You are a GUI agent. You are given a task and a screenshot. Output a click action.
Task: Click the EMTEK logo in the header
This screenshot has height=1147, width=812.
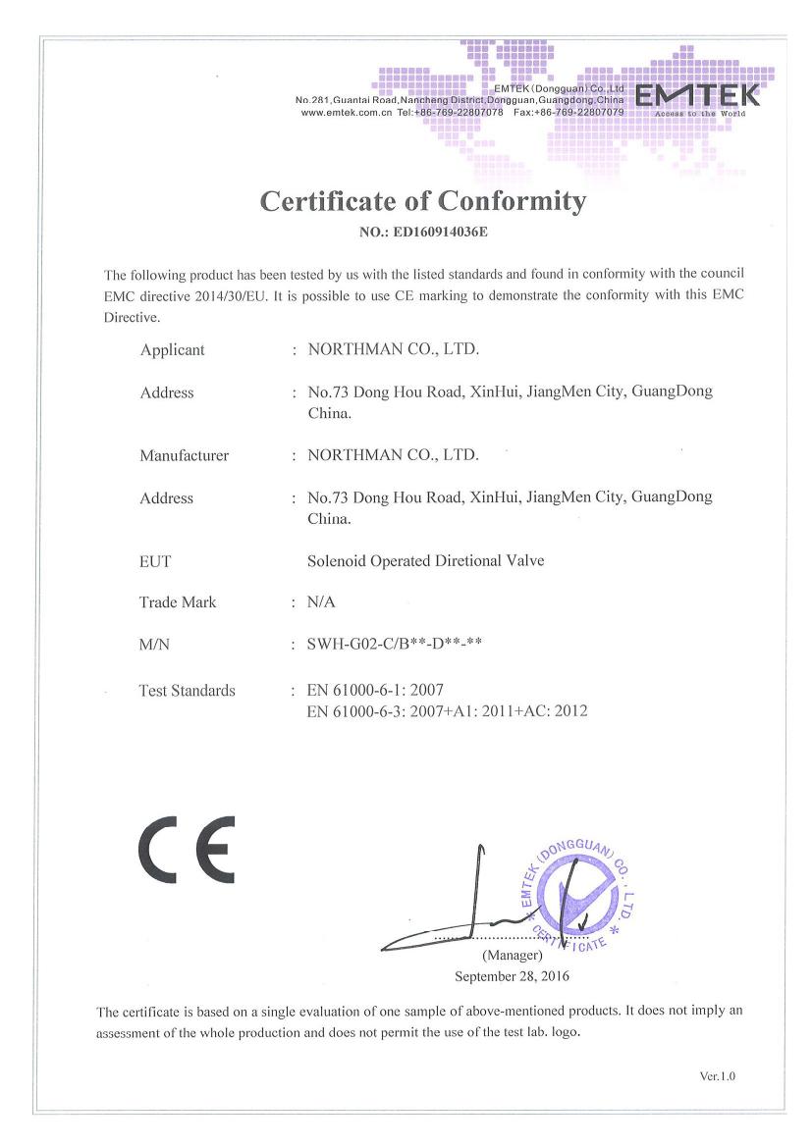(698, 96)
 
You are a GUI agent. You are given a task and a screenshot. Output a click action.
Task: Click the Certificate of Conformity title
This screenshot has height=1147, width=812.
(423, 201)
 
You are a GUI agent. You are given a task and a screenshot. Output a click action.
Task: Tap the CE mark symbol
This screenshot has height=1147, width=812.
(187, 849)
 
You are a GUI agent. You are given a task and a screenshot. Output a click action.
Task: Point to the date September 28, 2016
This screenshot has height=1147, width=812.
(512, 976)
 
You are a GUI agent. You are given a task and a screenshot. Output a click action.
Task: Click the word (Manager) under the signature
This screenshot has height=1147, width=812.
(512, 955)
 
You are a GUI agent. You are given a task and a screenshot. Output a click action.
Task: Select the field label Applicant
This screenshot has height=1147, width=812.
(173, 349)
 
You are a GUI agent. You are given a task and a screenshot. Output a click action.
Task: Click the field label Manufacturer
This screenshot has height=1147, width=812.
(184, 455)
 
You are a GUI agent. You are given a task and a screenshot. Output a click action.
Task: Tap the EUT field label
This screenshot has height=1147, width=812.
(155, 561)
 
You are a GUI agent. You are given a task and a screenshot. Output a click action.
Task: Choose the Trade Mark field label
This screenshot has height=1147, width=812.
(178, 602)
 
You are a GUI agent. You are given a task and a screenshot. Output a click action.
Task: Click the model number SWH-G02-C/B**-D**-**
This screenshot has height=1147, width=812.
(394, 644)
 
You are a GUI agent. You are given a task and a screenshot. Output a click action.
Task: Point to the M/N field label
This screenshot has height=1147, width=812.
(157, 644)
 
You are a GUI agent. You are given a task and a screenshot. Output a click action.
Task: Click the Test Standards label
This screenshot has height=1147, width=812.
(188, 691)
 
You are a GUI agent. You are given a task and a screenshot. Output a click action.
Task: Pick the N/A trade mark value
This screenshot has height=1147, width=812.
(321, 602)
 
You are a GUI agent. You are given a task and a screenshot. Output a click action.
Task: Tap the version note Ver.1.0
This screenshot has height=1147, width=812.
(718, 1076)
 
